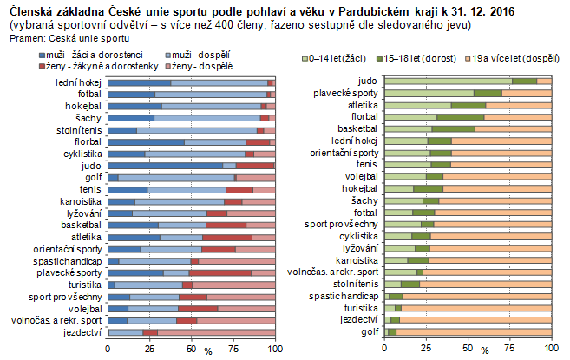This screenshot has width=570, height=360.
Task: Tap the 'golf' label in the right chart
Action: pos(369,331)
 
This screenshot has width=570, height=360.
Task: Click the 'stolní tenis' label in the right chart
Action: pos(357,284)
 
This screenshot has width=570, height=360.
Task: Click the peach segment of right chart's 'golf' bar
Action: pos(474,331)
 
